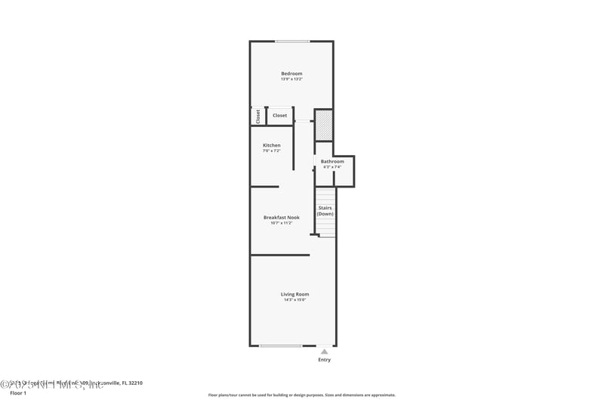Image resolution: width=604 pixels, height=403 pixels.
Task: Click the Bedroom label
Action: [291, 73]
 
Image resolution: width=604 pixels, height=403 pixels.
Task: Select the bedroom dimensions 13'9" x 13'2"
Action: [291, 79]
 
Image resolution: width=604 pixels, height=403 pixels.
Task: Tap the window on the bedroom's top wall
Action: [291, 41]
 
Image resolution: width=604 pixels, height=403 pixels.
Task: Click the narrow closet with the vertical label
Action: [257, 116]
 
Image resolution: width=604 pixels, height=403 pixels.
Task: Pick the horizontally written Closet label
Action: [279, 116]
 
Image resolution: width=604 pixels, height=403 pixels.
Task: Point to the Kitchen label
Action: [271, 145]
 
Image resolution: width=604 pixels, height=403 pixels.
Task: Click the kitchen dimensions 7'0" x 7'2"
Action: [271, 150]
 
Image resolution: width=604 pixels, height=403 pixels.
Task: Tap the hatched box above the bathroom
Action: [323, 125]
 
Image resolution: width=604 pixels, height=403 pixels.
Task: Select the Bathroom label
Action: [332, 161]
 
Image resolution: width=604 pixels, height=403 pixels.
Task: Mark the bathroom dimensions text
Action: [332, 166]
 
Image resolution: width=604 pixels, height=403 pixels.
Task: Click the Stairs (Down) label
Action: [325, 210]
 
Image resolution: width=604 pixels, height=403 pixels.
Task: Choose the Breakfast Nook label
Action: [281, 217]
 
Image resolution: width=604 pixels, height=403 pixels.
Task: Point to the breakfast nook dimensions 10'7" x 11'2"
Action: [281, 222]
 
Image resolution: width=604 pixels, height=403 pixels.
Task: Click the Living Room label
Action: [295, 294]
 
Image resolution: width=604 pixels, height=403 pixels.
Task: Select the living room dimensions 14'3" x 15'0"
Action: [295, 299]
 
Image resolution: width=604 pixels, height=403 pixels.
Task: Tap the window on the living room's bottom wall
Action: [281, 346]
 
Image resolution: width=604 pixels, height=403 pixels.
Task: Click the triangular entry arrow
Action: [324, 351]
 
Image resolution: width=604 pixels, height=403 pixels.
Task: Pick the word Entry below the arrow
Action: [324, 360]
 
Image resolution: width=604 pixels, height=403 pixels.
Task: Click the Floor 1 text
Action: [17, 393]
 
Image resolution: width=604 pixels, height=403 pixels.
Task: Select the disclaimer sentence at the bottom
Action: [301, 395]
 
